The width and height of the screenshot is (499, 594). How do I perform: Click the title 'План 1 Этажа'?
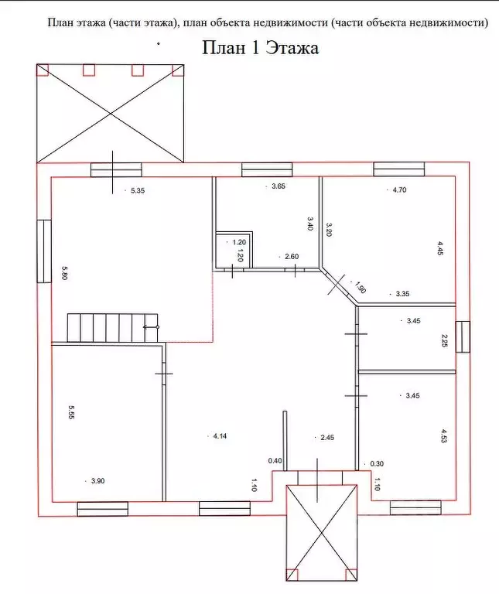(260, 48)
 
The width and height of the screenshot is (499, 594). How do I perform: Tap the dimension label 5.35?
(138, 190)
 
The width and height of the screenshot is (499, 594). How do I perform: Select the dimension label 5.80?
(64, 273)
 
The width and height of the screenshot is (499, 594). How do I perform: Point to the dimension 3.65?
(279, 186)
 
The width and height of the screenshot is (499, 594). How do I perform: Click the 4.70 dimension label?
(399, 189)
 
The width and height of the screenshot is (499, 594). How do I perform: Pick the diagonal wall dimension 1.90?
(361, 287)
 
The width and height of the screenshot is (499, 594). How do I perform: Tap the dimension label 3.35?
(402, 294)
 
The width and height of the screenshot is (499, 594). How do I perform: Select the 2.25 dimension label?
(445, 340)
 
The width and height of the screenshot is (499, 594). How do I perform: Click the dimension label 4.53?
(444, 435)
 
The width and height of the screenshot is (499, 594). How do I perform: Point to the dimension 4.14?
(220, 436)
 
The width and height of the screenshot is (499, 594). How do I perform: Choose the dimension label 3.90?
(97, 481)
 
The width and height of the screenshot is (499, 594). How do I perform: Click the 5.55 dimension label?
(72, 411)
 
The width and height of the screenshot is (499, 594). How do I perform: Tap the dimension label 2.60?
(292, 257)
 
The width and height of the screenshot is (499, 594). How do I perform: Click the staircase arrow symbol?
(151, 327)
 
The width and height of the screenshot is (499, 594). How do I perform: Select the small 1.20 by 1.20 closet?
(234, 249)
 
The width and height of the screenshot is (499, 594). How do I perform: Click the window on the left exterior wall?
(44, 251)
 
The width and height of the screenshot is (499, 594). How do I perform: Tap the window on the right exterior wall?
(463, 336)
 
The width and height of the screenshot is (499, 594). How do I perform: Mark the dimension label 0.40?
(275, 461)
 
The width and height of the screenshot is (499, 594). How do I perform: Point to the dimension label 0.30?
(377, 463)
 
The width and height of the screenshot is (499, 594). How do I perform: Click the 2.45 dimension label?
(327, 438)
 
